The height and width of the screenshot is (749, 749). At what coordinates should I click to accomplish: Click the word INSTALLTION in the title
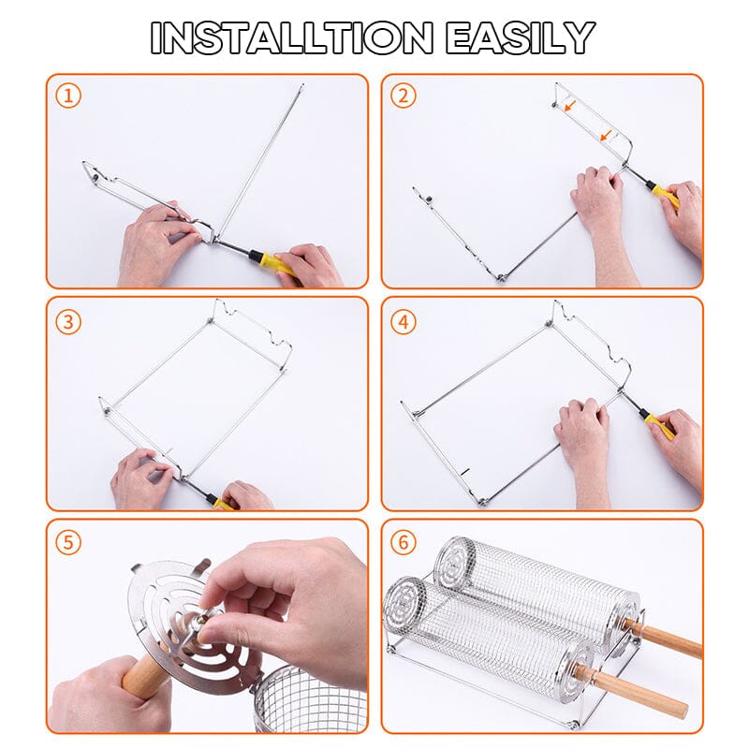tap(292, 37)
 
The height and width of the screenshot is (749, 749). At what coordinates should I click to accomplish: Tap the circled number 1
tap(67, 95)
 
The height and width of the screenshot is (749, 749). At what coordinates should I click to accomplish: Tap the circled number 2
tap(403, 95)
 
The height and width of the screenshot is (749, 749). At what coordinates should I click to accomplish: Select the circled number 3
tap(67, 321)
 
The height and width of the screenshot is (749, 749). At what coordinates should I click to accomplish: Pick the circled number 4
tap(403, 321)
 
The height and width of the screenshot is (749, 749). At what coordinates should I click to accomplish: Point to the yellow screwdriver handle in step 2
tap(666, 197)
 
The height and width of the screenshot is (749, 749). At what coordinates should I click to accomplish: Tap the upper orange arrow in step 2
tap(570, 106)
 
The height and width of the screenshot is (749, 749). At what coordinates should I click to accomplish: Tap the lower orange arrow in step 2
tap(608, 136)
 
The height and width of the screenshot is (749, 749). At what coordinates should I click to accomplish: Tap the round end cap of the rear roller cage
tap(457, 559)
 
